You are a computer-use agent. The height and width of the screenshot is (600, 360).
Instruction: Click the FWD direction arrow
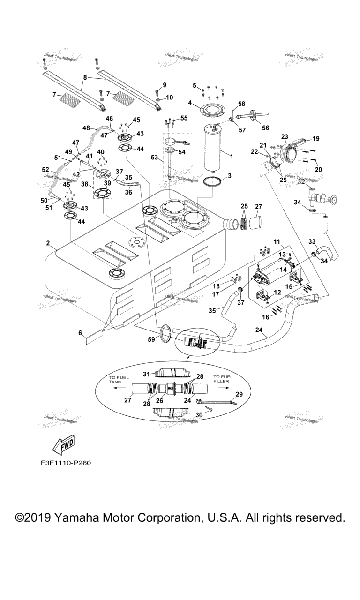pos(62,445)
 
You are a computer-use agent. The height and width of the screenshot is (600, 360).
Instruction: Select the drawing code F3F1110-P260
pos(66,463)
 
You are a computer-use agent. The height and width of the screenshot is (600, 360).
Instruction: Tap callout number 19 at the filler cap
pos(315,139)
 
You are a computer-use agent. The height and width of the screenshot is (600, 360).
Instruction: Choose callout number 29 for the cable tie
pos(239,395)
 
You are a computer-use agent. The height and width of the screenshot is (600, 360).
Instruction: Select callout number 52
pos(45,170)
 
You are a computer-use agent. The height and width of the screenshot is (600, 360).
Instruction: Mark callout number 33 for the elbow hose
pos(312,241)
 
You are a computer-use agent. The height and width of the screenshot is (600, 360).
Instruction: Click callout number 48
pos(86,127)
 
